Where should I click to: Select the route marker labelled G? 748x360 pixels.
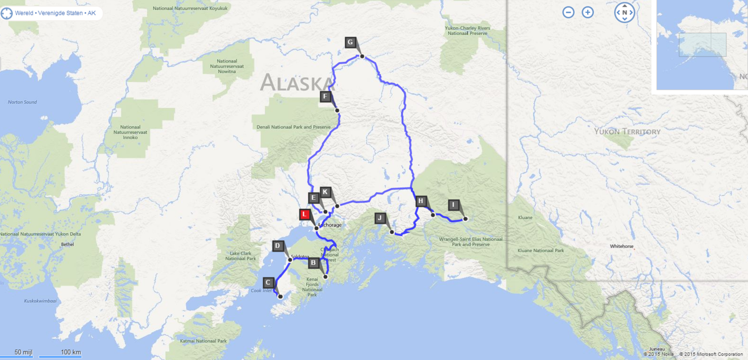click(350, 42)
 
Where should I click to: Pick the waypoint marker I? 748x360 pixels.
click(453, 205)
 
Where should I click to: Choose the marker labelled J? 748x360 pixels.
click(380, 218)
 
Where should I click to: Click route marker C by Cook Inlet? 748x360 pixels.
click(268, 283)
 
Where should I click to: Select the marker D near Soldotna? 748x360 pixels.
click(278, 246)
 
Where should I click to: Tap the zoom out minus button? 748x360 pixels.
click(568, 12)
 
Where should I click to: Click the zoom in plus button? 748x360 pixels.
click(588, 12)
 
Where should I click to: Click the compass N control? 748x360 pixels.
click(625, 13)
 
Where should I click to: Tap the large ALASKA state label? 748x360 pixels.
click(297, 83)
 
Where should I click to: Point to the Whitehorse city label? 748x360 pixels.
click(621, 246)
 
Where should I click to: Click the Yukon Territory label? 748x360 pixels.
click(627, 132)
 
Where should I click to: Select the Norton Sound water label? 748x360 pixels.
click(22, 102)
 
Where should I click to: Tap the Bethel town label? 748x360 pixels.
click(67, 245)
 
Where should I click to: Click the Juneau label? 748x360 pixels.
click(657, 349)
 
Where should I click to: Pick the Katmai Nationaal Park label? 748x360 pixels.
click(203, 341)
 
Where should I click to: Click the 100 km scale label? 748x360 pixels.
click(71, 352)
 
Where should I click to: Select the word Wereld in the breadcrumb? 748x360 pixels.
click(24, 13)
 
